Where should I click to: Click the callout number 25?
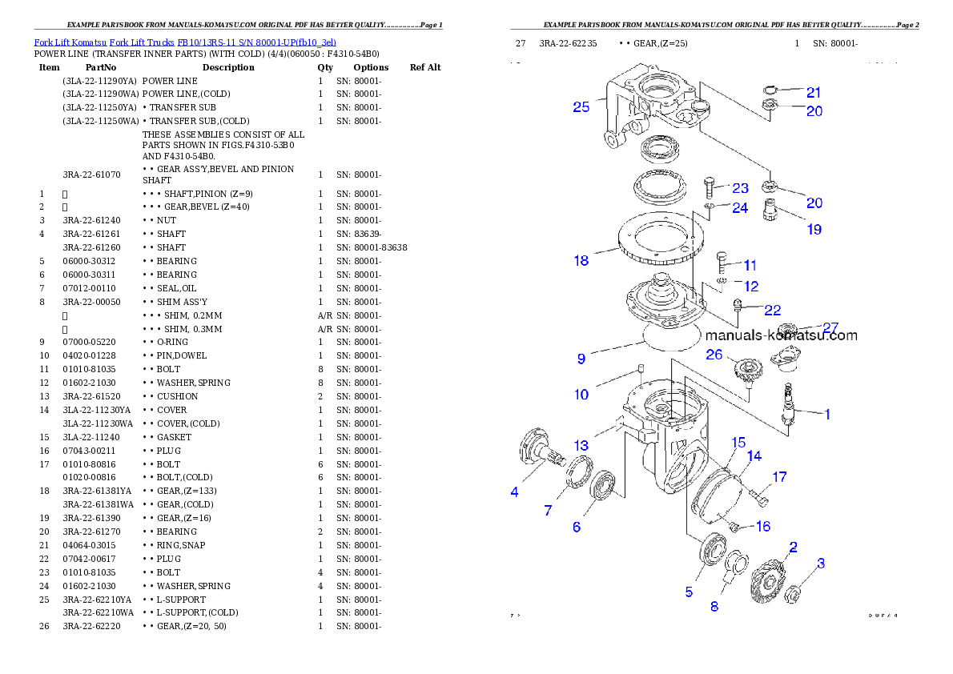tap(581, 106)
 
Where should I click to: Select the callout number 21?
tap(814, 92)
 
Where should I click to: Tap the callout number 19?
tap(814, 230)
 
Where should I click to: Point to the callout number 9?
tap(581, 359)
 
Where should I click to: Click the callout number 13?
tap(581, 446)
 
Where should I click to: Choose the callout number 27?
tap(830, 327)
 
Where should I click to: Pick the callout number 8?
tap(714, 606)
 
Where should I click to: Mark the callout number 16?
tap(762, 526)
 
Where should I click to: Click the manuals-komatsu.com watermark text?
tap(781, 335)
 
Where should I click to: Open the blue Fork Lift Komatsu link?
tap(185, 42)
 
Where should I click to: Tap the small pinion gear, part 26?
tap(746, 371)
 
